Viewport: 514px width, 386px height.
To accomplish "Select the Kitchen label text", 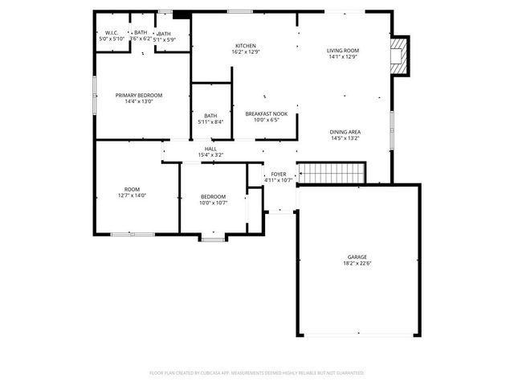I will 245,45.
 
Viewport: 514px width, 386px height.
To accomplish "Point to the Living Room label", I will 343,51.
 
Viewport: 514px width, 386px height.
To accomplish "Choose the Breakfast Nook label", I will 266,113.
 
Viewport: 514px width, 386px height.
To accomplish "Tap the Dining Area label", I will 345,132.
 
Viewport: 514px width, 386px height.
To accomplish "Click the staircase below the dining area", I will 332,173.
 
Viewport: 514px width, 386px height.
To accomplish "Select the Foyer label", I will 279,174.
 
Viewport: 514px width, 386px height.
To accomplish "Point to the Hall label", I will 210,149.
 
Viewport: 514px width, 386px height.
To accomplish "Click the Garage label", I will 357,257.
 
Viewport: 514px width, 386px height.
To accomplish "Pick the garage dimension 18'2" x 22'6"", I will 357,264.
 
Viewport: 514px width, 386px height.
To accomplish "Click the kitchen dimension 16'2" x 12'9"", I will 245,51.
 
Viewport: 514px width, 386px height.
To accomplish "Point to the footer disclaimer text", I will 257,373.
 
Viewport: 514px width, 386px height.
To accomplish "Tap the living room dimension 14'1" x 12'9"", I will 343,57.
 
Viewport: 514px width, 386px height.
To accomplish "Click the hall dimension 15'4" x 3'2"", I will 210,155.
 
